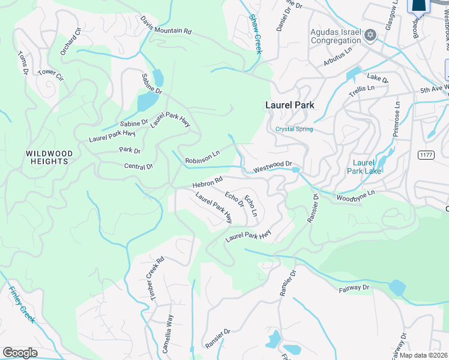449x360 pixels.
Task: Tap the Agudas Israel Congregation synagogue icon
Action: [x=370, y=37]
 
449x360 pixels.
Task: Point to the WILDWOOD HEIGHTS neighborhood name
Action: [x=49, y=158]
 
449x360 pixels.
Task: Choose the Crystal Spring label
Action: [x=294, y=129]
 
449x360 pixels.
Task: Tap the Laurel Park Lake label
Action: [x=364, y=166]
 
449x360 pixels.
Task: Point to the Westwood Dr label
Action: [x=272, y=166]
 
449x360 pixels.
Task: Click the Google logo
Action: [x=20, y=353]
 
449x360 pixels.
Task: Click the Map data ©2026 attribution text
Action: [x=424, y=355]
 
